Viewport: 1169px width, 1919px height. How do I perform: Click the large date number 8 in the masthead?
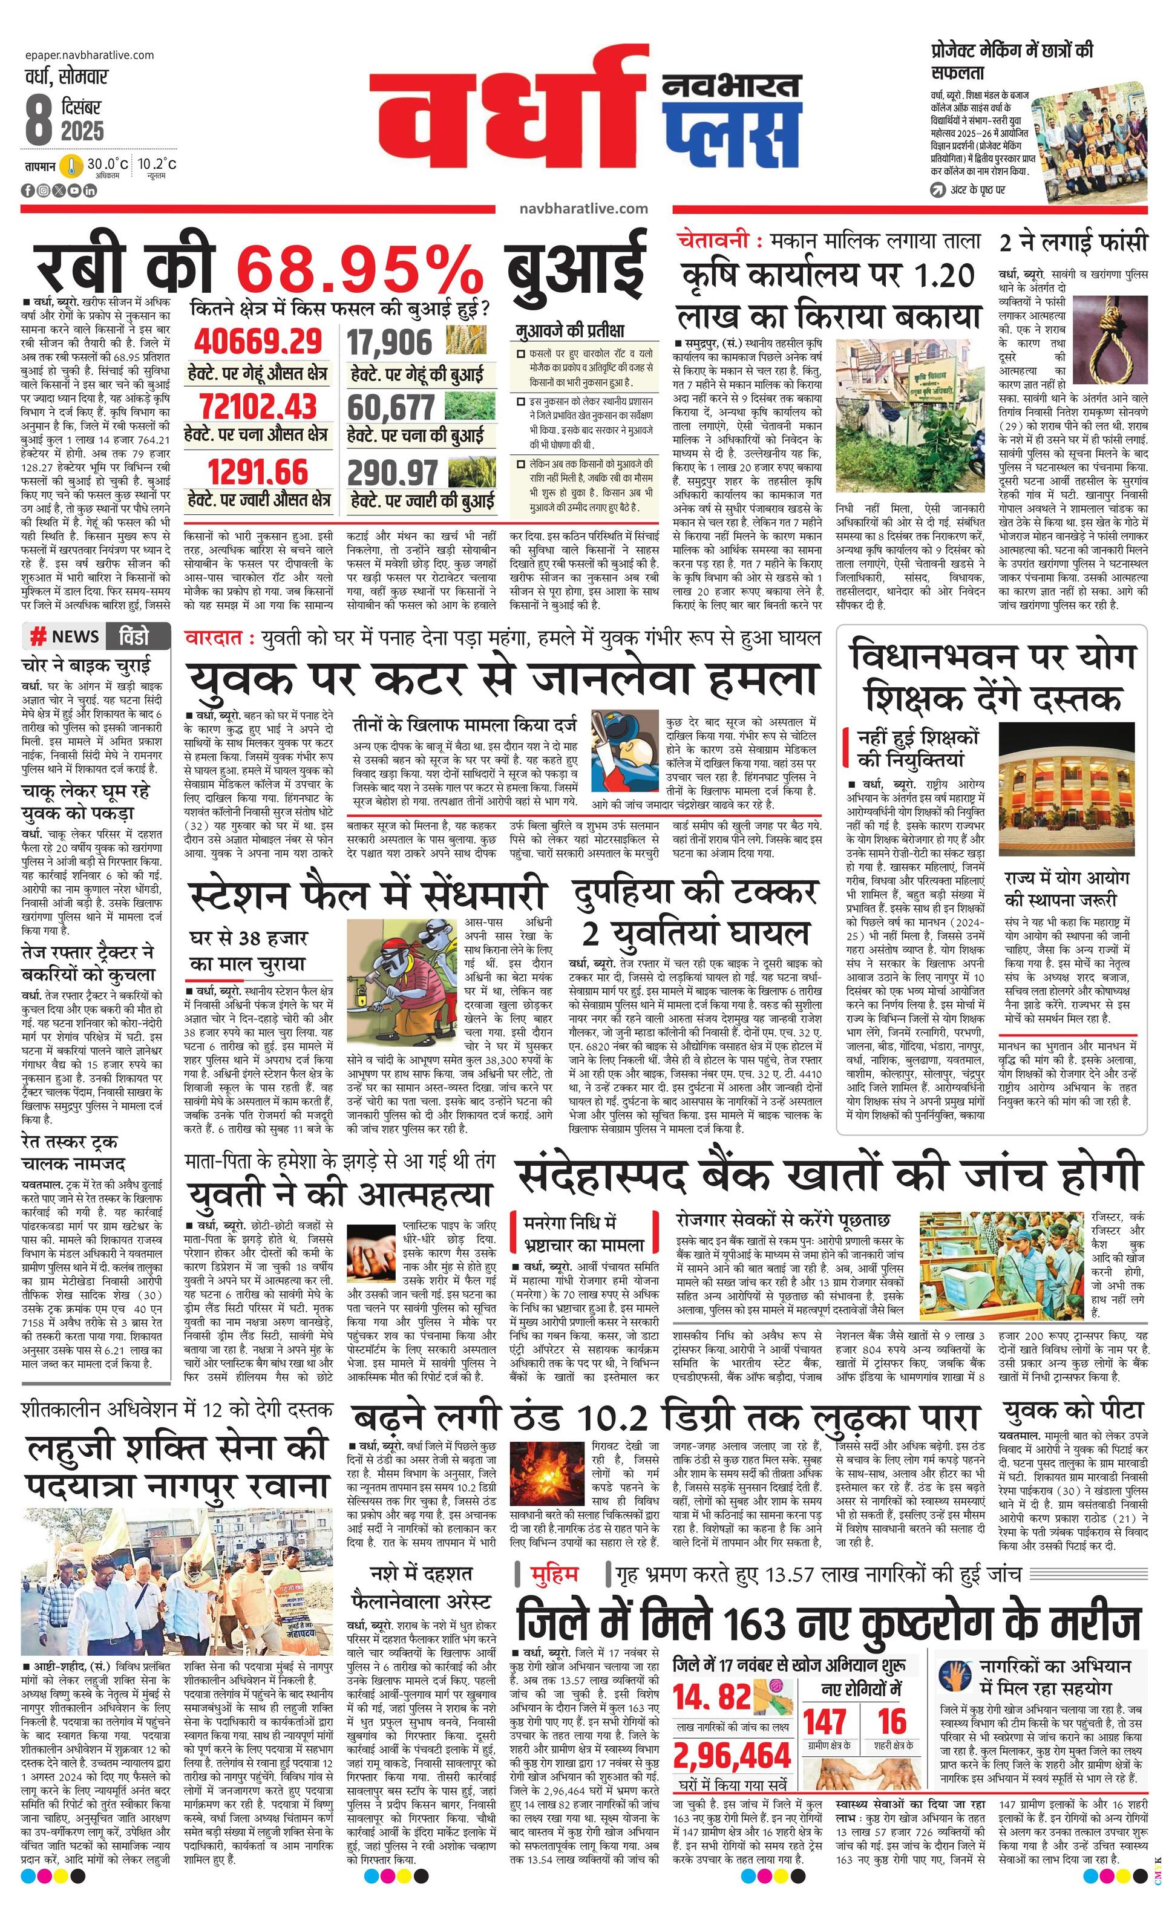[39, 120]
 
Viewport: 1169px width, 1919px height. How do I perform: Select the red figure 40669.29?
[258, 342]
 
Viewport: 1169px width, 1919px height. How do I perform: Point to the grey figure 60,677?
[391, 407]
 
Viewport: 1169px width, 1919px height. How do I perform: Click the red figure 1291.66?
[258, 472]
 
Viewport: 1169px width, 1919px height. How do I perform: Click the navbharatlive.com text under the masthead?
[583, 209]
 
